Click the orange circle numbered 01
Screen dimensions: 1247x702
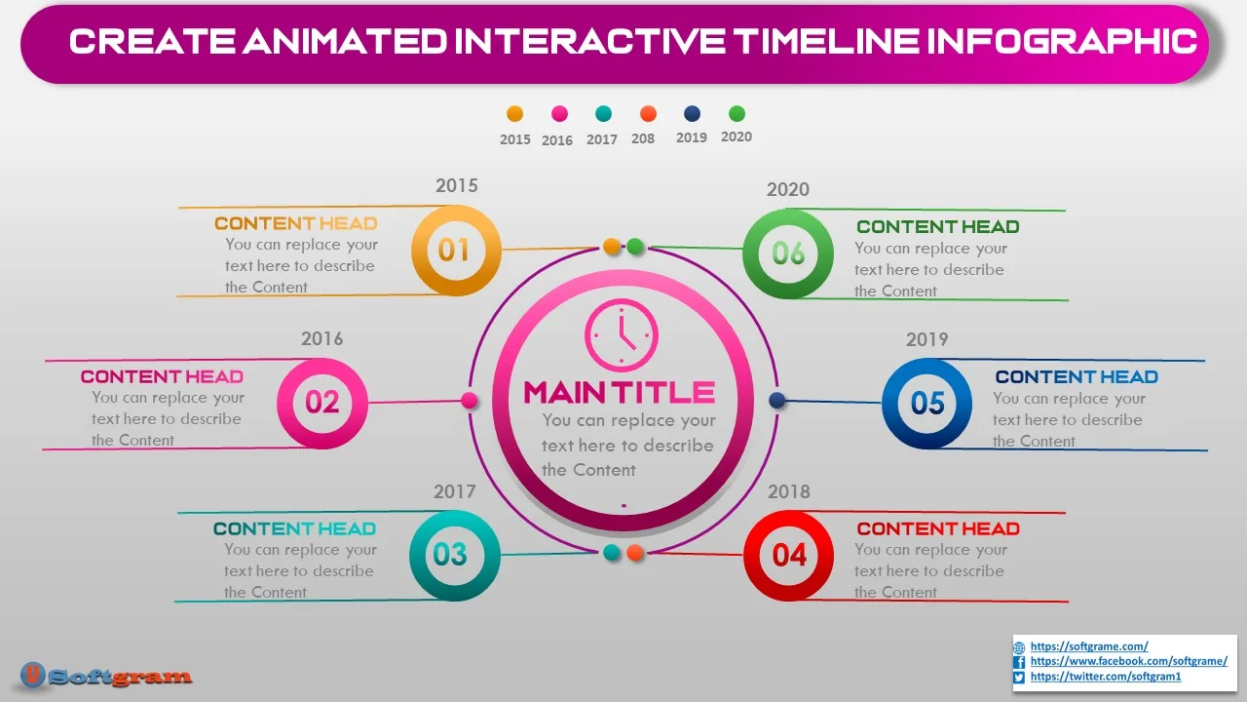tap(456, 251)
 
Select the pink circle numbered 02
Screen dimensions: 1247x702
tap(322, 403)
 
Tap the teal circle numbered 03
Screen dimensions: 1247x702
tap(455, 556)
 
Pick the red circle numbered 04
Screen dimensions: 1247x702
tap(789, 556)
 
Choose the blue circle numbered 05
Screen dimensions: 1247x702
tap(926, 403)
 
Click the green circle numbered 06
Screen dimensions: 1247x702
tap(788, 253)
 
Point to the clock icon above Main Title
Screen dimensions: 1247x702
tap(622, 334)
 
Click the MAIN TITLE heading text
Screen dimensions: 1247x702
tap(620, 392)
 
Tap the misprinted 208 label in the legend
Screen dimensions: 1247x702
tap(643, 138)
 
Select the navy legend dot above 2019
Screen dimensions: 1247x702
tap(692, 114)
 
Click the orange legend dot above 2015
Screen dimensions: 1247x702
tap(515, 114)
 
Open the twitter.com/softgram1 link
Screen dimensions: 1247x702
tap(1106, 677)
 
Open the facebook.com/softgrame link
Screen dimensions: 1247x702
tap(1129, 661)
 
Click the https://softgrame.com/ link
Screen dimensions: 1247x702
tap(1089, 646)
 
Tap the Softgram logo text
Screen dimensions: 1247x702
tap(120, 677)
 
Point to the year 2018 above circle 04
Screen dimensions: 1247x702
tap(789, 491)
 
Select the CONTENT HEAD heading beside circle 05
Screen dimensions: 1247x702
tap(1077, 377)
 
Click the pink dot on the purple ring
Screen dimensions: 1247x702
tap(470, 400)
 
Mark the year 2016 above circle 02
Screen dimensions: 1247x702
tap(322, 338)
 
